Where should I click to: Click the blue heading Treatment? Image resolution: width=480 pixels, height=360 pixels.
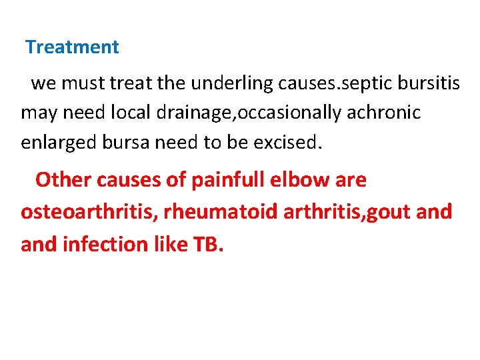72,47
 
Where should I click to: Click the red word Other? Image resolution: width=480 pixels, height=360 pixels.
63,180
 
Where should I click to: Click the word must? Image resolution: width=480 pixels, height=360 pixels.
81,83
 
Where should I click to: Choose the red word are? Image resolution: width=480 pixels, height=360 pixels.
352,180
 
